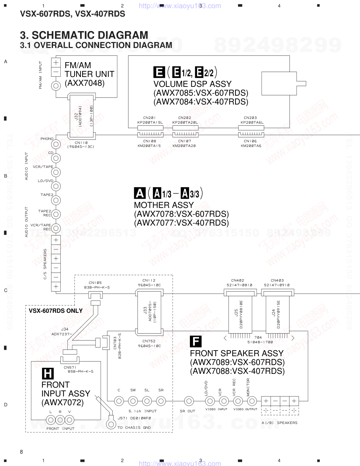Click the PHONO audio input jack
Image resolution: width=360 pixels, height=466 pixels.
click(x=56, y=144)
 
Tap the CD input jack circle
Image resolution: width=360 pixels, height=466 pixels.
click(x=56, y=158)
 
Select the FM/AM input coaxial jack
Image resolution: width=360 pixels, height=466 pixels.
click(x=56, y=86)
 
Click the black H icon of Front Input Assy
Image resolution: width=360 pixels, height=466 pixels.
click(x=48, y=374)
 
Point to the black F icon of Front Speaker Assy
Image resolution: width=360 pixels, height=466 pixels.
click(x=196, y=342)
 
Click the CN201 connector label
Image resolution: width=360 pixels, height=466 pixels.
click(x=150, y=118)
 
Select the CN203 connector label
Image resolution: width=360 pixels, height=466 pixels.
click(x=250, y=118)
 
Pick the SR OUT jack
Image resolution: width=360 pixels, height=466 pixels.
click(x=189, y=401)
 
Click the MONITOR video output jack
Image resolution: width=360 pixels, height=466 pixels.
click(x=252, y=401)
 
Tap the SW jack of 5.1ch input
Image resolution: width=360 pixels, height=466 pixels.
click(x=133, y=401)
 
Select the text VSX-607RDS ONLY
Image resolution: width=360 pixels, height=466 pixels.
click(x=56, y=311)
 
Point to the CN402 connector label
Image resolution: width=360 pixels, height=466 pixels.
click(x=238, y=281)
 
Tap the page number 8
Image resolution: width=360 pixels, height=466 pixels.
click(x=22, y=452)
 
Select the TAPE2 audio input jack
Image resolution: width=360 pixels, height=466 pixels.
click(x=56, y=200)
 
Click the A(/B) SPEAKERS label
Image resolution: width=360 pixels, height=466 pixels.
click(x=279, y=423)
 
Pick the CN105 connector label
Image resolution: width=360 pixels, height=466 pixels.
click(x=95, y=283)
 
